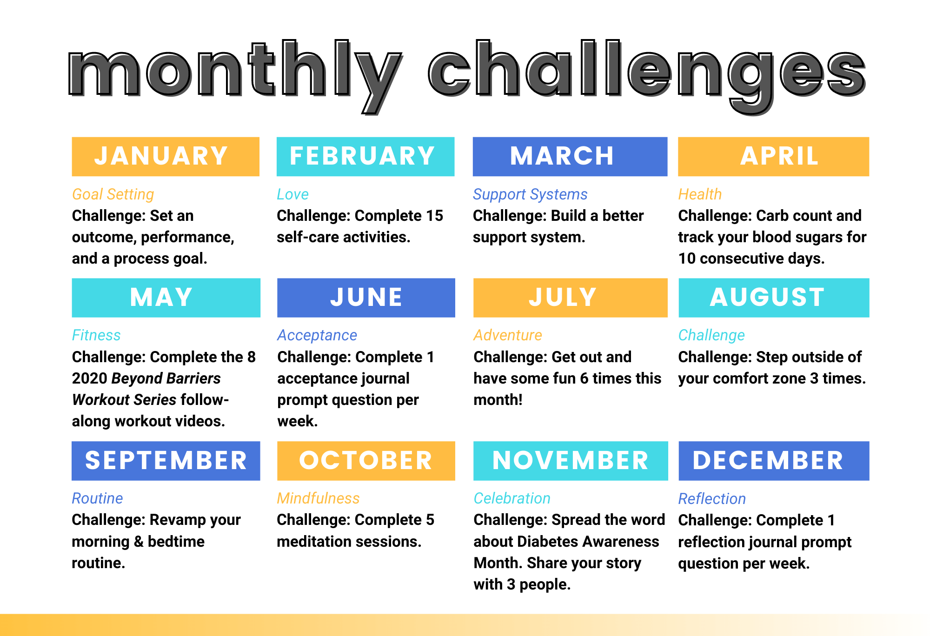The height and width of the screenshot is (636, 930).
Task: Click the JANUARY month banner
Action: click(x=166, y=157)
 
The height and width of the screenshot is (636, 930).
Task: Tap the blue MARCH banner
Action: click(x=570, y=157)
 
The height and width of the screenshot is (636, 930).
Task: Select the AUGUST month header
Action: click(x=774, y=298)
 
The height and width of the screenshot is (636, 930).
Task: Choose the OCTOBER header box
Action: click(x=366, y=461)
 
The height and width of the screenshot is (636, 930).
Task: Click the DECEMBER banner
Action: click(x=774, y=461)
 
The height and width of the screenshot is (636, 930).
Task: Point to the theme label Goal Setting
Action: click(x=113, y=194)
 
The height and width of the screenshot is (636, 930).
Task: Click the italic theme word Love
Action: click(x=292, y=194)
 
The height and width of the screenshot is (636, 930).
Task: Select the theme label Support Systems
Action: click(x=530, y=194)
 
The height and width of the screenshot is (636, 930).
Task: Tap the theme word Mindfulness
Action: click(x=318, y=498)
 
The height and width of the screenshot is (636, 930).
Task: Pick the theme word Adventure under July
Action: click(x=508, y=335)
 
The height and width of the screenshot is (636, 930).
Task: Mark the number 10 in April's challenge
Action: click(x=687, y=258)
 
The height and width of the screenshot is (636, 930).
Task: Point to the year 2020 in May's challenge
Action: click(x=90, y=378)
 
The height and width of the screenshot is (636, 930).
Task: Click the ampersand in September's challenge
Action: click(x=139, y=542)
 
